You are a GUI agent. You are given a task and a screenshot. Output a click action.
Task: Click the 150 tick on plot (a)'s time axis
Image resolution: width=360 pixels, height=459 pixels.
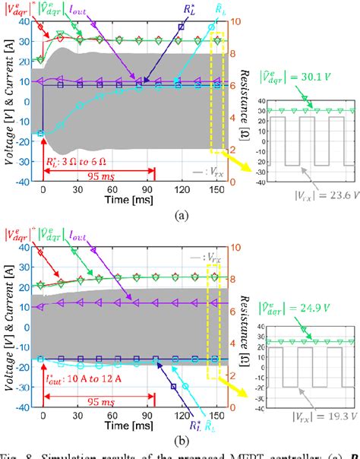(217, 190)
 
